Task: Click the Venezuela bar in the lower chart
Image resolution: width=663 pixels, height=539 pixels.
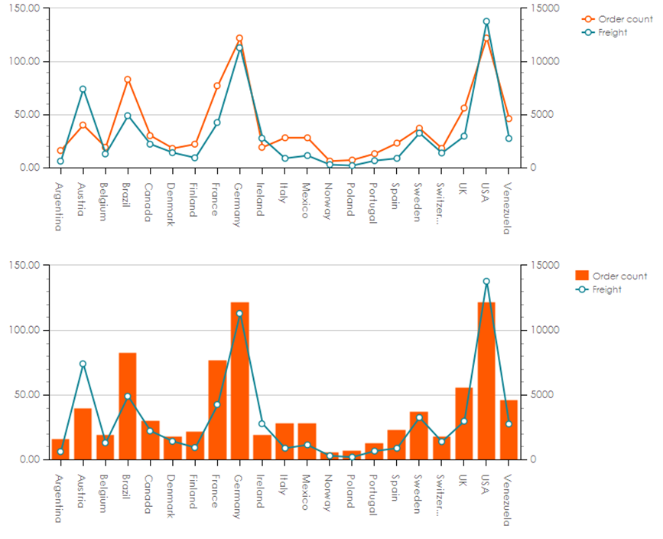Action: coord(509,430)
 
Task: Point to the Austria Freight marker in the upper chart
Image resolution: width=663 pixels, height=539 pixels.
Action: coord(83,90)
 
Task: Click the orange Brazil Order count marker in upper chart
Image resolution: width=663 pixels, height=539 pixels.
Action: coord(128,80)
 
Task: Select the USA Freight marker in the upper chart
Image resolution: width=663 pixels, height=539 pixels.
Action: coord(486,22)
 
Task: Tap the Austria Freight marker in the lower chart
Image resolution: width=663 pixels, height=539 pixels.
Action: coord(83,364)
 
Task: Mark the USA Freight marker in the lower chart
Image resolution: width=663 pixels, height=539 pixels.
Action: coord(486,282)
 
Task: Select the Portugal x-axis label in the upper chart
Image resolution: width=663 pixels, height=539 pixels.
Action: coord(374,201)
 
